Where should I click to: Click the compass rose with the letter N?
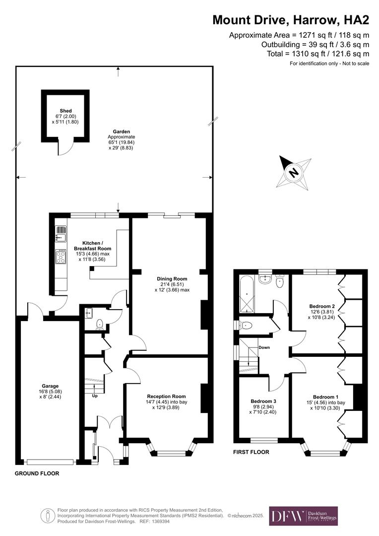pyautogui.click(x=294, y=172)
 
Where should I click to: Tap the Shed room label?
pyautogui.click(x=65, y=111)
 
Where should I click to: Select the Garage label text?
pyautogui.click(x=50, y=386)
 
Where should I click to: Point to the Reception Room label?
pyautogui.click(x=166, y=396)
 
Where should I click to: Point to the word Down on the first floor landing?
pyautogui.click(x=264, y=347)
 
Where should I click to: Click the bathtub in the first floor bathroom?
pyautogui.click(x=247, y=295)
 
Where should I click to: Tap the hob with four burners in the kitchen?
pyautogui.click(x=61, y=257)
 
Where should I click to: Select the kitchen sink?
pyautogui.click(x=61, y=232)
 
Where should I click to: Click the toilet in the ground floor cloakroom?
pyautogui.click(x=100, y=324)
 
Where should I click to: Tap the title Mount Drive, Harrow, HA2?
pyautogui.click(x=291, y=20)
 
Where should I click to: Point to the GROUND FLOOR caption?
pyautogui.click(x=37, y=473)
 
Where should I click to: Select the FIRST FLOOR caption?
pyautogui.click(x=251, y=452)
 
